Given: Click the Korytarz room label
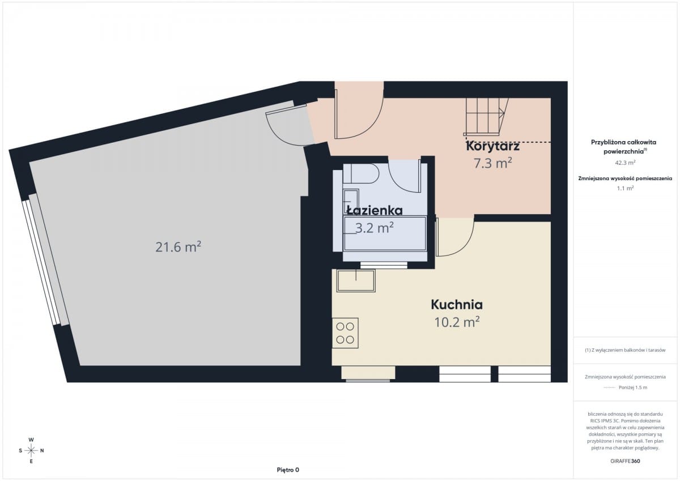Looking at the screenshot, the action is (x=492, y=147).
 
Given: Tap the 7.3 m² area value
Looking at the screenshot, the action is (x=493, y=163).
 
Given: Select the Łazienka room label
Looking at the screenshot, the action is (x=375, y=210).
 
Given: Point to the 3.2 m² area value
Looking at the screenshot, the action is (x=375, y=228).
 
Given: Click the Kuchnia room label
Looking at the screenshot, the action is (x=457, y=305).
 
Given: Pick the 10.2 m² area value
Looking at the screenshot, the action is (x=457, y=322).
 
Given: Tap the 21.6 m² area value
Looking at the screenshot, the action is (x=178, y=246).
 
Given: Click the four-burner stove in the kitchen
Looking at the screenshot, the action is (x=345, y=333).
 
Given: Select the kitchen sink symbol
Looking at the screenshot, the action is (x=356, y=280).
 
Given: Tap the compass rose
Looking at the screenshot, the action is (x=31, y=450).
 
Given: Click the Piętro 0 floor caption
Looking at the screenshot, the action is (x=288, y=470).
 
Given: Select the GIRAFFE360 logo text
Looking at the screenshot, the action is (x=626, y=461).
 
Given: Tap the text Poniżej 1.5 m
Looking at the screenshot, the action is (x=633, y=388).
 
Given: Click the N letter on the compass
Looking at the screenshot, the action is (x=42, y=450).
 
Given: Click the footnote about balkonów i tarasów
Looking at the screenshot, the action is (x=625, y=350).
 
